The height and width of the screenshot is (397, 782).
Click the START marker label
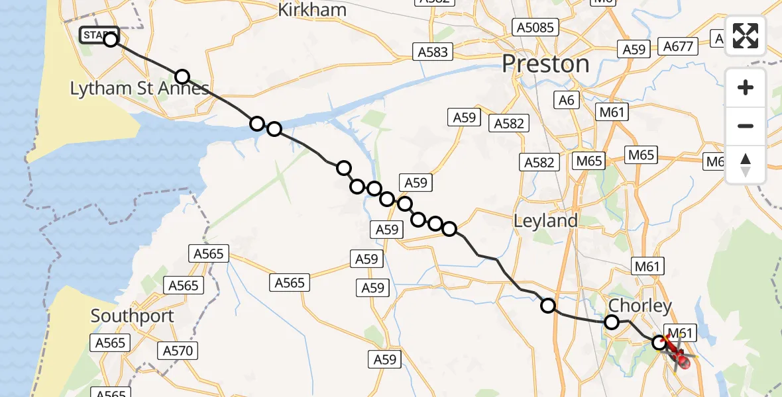click(99, 35)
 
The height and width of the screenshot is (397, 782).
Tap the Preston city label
click(545, 64)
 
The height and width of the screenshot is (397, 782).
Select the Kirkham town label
click(312, 9)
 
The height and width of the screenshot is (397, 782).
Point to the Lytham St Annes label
click(140, 89)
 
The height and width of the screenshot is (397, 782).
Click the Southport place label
click(132, 316)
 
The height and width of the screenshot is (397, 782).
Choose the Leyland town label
click(545, 221)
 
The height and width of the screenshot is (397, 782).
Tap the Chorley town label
click(640, 306)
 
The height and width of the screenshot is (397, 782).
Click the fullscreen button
click(746, 36)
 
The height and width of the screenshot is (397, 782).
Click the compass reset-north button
click(746, 165)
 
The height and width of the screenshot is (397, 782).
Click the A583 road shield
click(433, 52)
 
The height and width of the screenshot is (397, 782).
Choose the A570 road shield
click(176, 350)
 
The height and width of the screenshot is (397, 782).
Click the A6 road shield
click(567, 100)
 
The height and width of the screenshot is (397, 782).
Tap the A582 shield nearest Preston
click(509, 123)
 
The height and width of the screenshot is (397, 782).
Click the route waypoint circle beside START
click(111, 40)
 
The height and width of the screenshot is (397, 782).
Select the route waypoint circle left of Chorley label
click(612, 322)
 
